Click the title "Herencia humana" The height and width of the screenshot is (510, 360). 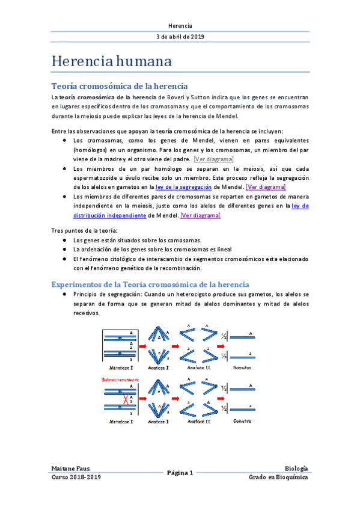point(112,61)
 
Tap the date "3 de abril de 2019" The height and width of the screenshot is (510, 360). point(180,37)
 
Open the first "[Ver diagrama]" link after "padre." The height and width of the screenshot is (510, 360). point(214,159)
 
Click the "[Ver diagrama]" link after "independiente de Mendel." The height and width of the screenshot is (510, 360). point(201,215)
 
